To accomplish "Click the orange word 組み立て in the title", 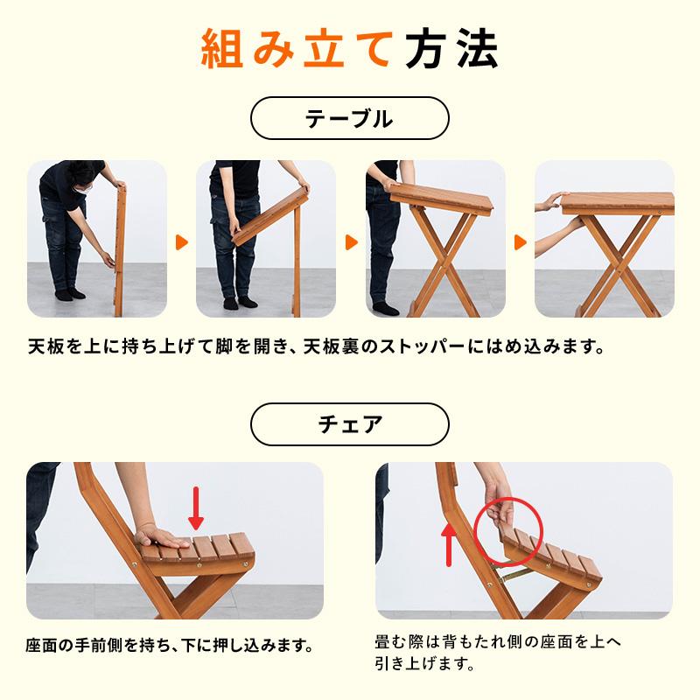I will tap(293, 51).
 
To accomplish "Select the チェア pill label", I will tap(349, 424).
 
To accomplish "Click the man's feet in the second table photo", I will tap(237, 304).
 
